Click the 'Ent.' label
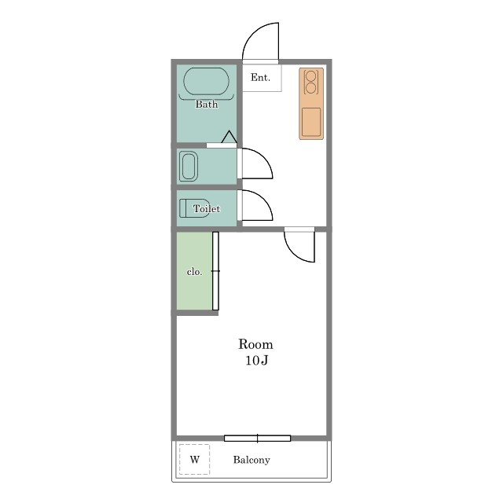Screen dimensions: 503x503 coord(260,77)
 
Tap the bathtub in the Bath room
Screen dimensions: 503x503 coord(206,81)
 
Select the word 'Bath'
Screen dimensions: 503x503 coord(207,104)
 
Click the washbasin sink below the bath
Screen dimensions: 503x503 coord(189,166)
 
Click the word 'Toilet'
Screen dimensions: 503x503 coord(207,209)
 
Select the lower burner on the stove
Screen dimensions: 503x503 coord(311,88)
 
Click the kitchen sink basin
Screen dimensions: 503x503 coord(311,122)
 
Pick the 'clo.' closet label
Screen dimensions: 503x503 coord(194,272)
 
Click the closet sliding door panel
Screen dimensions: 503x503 coord(215,271)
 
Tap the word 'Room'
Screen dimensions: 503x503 coord(255,344)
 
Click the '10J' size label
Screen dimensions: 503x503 coord(257,360)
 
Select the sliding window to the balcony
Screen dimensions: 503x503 coord(257,439)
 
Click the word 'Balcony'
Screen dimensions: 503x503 coord(251,460)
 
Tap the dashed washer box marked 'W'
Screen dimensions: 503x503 coord(194,459)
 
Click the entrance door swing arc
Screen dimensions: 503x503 coord(249,35)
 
